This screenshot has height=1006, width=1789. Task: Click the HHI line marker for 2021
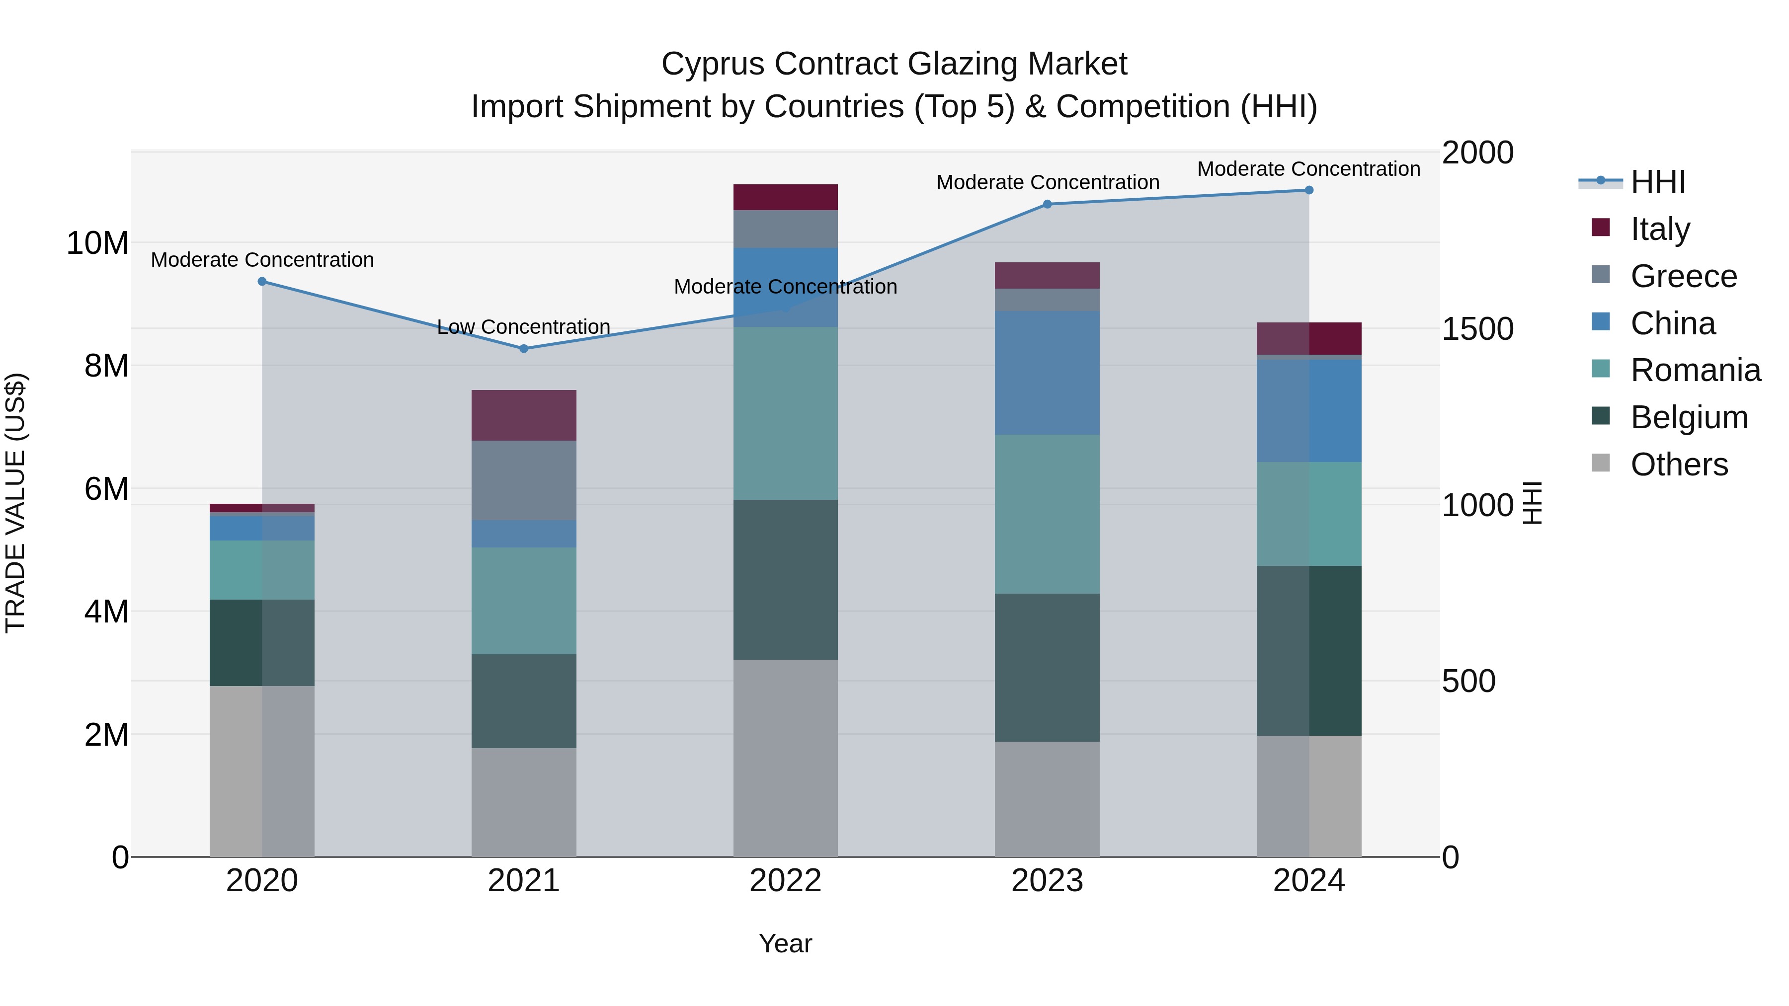pyautogui.click(x=524, y=349)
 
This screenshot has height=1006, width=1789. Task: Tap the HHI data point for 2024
pyautogui.click(x=1308, y=190)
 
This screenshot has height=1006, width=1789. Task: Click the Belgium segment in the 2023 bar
pyautogui.click(x=1047, y=667)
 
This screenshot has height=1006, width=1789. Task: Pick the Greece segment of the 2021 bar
pyautogui.click(x=524, y=480)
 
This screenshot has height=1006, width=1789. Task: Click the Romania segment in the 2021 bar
pyautogui.click(x=524, y=601)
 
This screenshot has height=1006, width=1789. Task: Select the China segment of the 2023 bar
pyautogui.click(x=1047, y=373)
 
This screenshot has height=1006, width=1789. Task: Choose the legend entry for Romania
pyautogui.click(x=1695, y=370)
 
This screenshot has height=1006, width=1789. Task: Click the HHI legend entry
pyautogui.click(x=1657, y=182)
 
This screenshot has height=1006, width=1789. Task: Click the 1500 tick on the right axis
pyautogui.click(x=1477, y=329)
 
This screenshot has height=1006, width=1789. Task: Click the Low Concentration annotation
pyautogui.click(x=524, y=326)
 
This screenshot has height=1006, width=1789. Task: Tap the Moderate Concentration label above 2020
pyautogui.click(x=262, y=260)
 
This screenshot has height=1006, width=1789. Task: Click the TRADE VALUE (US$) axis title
pyautogui.click(x=15, y=503)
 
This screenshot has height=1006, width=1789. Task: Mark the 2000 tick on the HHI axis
pyautogui.click(x=1477, y=153)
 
